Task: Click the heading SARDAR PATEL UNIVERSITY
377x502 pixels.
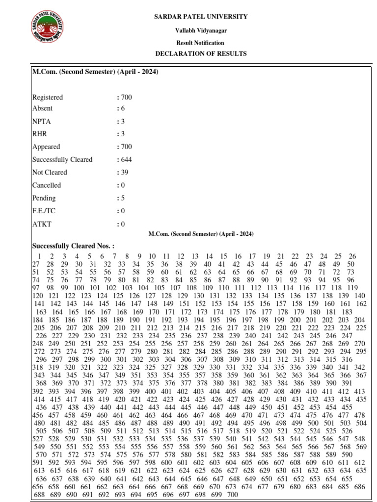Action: coord(201,17)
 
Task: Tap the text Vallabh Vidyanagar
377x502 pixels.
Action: coord(201,30)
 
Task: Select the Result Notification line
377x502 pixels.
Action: coord(201,43)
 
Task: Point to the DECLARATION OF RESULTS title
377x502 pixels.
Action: coord(201,53)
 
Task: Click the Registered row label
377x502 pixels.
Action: coord(47,97)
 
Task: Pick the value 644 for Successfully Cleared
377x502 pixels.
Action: coord(125,159)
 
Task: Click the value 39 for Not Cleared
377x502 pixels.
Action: coord(124,172)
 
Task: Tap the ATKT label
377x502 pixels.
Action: coord(42,224)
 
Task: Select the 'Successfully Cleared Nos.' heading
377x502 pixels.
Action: coord(73,246)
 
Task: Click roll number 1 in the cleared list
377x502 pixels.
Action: coord(38,256)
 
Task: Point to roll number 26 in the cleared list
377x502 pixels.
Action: coord(352,256)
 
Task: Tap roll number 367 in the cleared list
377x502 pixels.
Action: coord(361,375)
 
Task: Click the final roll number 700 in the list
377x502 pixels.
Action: coord(232,495)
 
